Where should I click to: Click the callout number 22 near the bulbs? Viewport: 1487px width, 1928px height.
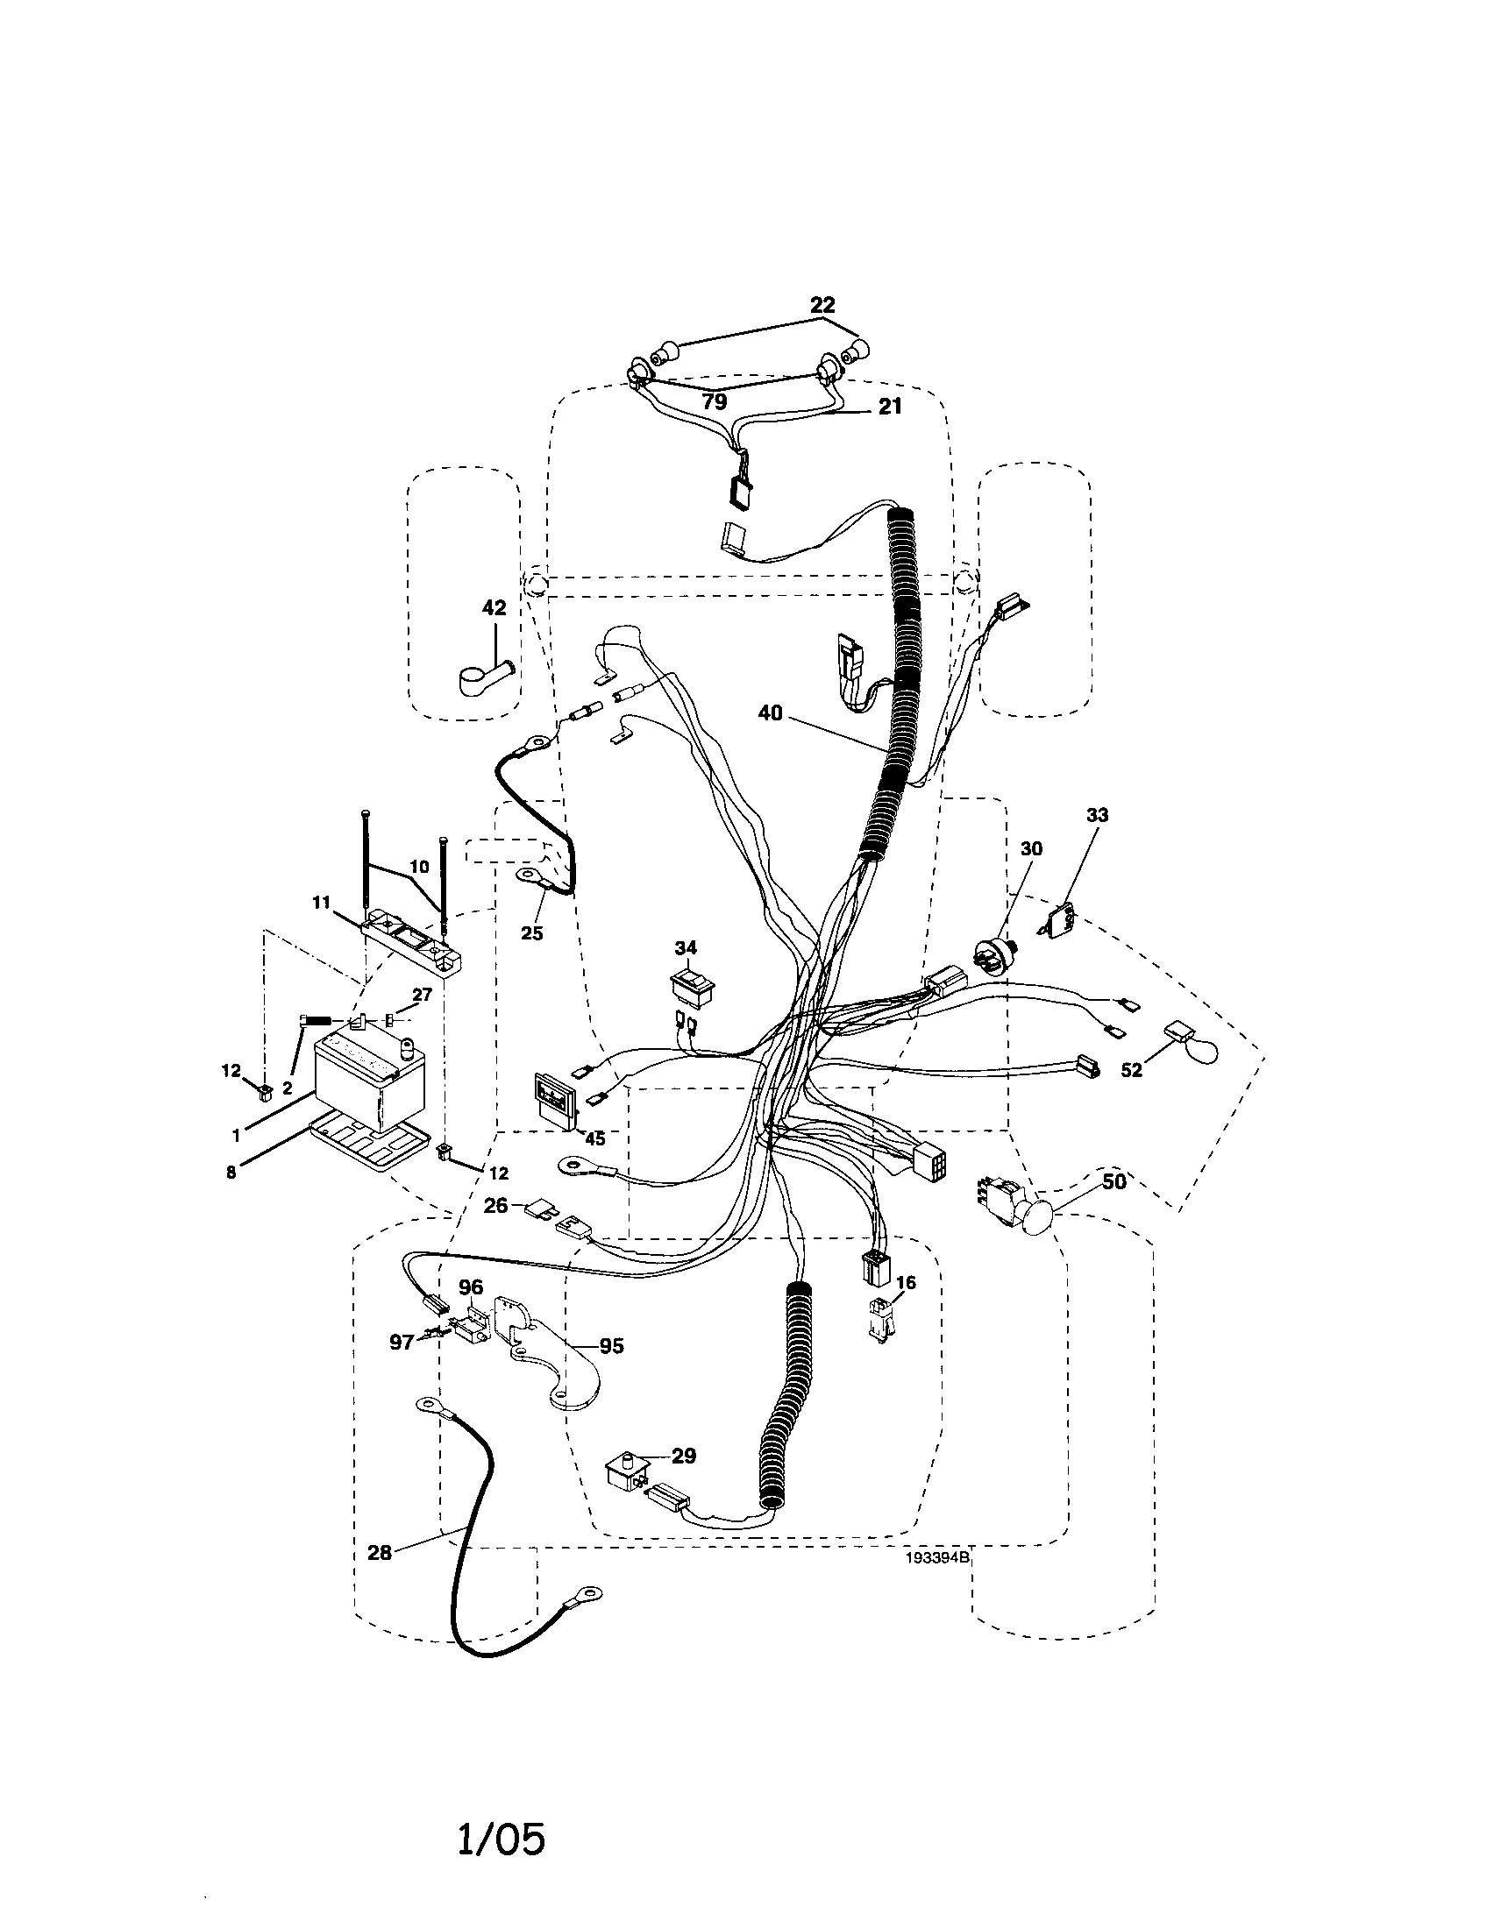pyautogui.click(x=822, y=305)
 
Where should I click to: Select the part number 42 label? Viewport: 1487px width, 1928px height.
pyautogui.click(x=494, y=607)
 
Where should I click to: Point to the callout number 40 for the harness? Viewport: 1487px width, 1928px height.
pyautogui.click(x=770, y=713)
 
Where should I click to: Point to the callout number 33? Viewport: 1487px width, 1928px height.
pyautogui.click(x=1096, y=815)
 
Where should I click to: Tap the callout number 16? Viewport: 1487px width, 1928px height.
pyautogui.click(x=905, y=1282)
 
